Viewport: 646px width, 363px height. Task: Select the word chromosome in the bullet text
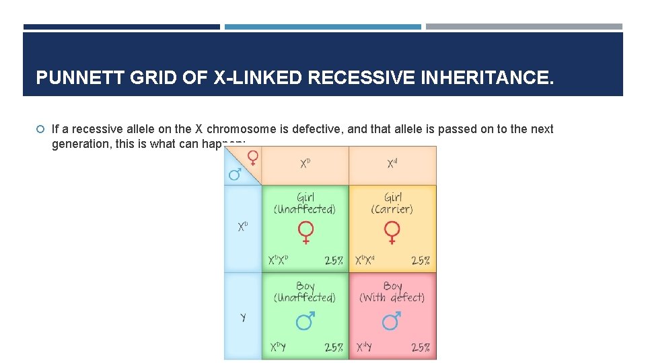(x=241, y=129)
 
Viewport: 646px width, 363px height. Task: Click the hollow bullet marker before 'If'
(x=40, y=129)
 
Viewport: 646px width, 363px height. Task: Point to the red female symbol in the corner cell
(x=252, y=157)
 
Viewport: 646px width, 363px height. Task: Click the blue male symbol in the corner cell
(x=235, y=175)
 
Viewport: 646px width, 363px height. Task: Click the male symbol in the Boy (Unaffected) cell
(x=305, y=322)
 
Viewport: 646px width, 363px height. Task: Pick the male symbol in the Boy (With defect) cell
(x=392, y=322)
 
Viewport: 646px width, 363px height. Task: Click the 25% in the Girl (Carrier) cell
(x=420, y=260)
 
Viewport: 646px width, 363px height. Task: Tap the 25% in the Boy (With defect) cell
(x=420, y=348)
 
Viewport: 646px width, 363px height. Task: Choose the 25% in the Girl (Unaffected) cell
(x=334, y=260)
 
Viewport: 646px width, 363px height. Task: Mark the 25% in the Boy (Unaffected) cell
(x=334, y=348)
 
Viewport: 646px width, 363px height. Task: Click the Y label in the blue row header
(x=243, y=317)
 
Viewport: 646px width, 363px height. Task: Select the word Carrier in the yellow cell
(x=392, y=209)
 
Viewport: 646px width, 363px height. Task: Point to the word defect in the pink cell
(x=404, y=297)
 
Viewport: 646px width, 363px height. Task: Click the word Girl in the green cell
(x=305, y=197)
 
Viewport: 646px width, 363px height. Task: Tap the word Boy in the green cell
(x=305, y=286)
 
